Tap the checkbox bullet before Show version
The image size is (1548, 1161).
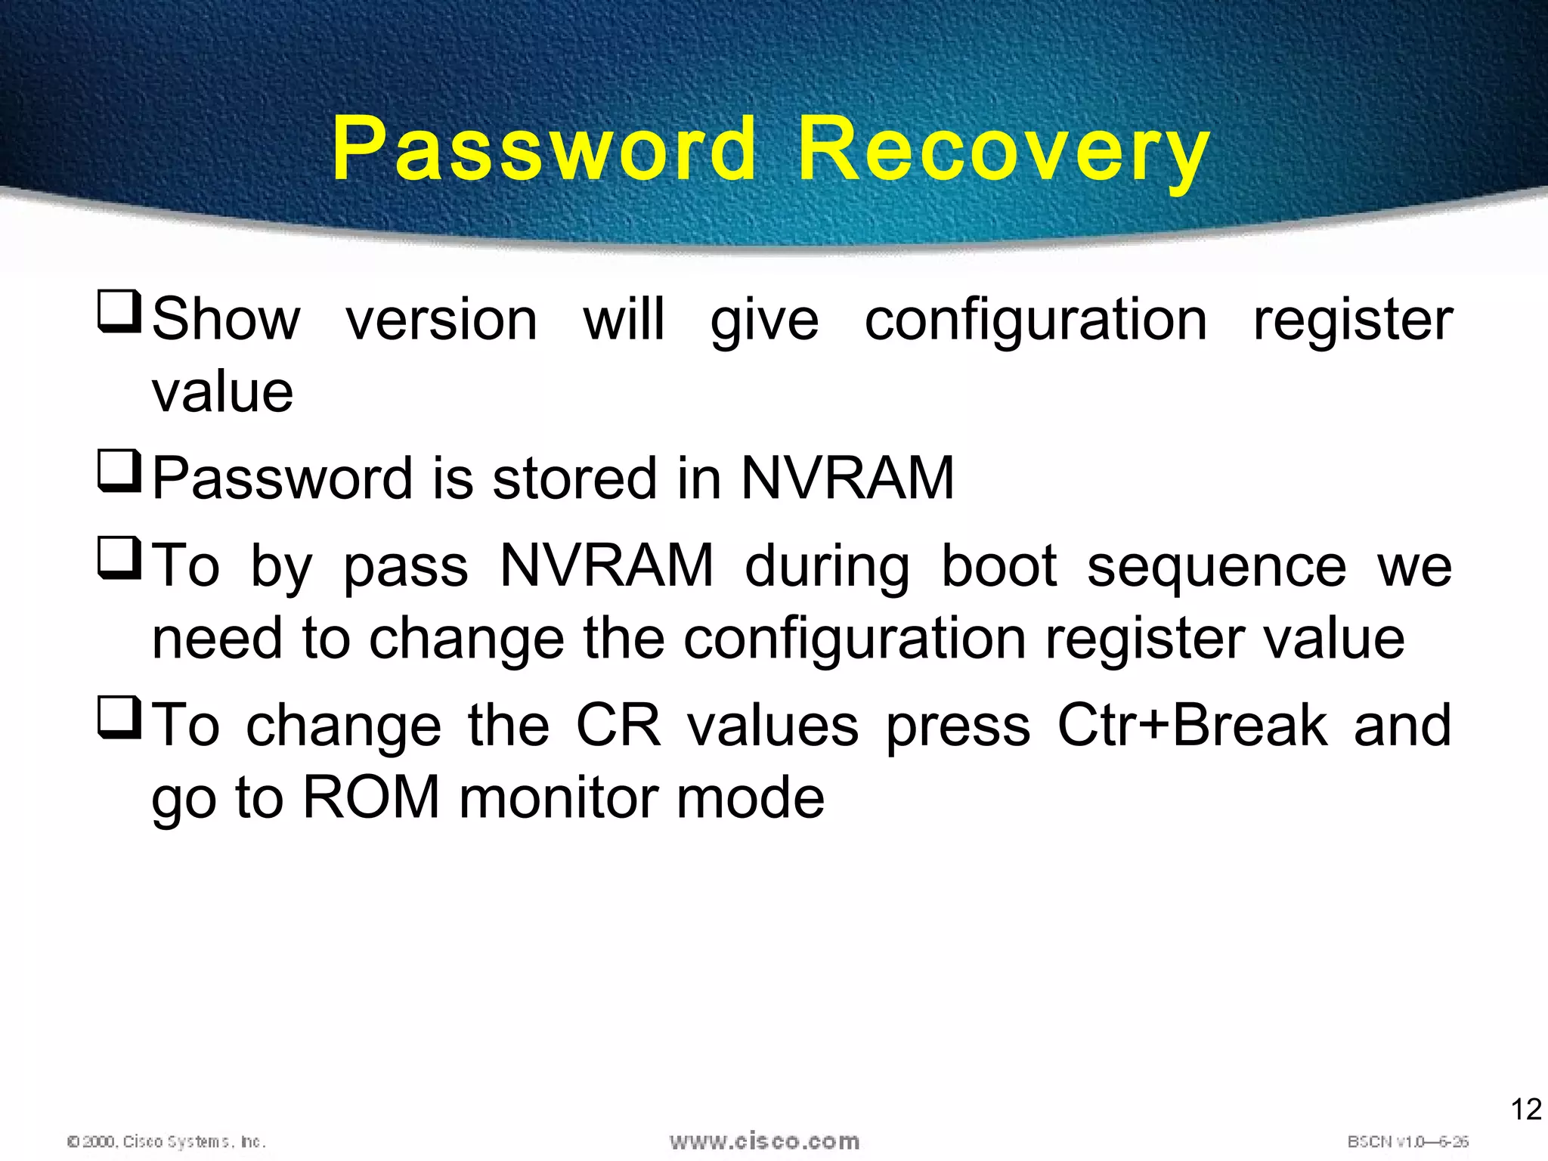(x=119, y=312)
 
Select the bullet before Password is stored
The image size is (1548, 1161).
(x=119, y=472)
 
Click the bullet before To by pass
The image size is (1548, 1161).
(x=119, y=559)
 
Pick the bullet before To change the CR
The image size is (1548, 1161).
(x=119, y=718)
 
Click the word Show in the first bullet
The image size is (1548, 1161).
(x=226, y=320)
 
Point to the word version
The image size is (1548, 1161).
(x=442, y=320)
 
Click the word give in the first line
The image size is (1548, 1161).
(x=764, y=321)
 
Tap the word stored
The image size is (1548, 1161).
(x=574, y=478)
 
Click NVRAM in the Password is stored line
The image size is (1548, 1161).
(x=847, y=478)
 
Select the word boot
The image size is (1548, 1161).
(x=998, y=566)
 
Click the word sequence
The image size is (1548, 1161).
(x=1216, y=568)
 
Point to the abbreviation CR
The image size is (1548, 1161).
(x=618, y=726)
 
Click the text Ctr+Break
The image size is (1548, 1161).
(x=1192, y=726)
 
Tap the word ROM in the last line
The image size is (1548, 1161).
(x=371, y=798)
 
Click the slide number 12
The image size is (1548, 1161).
(x=1525, y=1110)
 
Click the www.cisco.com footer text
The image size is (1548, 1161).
(x=764, y=1141)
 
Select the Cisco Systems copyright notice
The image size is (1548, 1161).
(x=166, y=1141)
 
